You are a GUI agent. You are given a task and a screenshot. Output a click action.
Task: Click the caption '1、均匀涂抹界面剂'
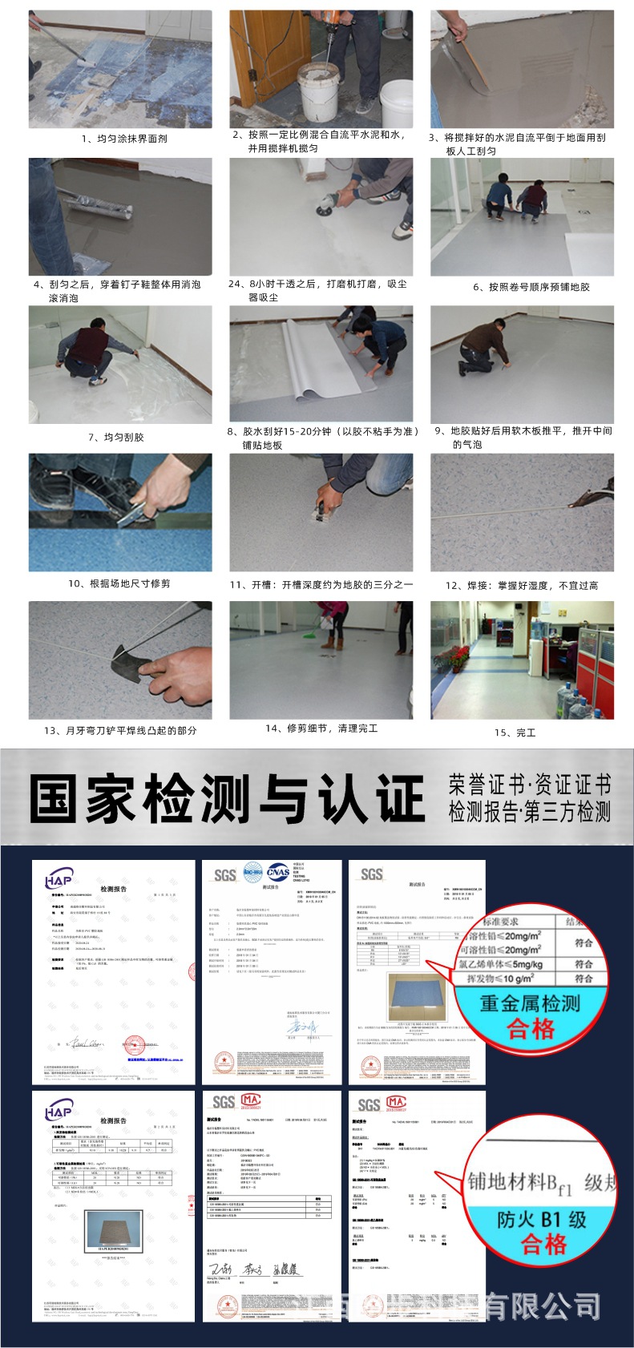coord(124,139)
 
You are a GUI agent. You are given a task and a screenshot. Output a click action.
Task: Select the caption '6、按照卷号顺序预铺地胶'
coord(531,287)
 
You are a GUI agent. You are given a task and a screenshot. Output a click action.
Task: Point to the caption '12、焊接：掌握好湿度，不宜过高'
coord(522,586)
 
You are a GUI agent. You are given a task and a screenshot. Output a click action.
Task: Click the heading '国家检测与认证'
coord(227,798)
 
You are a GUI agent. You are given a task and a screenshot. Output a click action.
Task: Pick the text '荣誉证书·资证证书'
coord(530,784)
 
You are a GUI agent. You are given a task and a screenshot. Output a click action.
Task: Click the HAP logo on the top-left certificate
coord(59,881)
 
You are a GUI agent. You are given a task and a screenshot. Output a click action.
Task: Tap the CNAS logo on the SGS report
coord(277,872)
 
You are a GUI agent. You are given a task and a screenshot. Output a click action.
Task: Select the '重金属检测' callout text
coord(530,1003)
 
